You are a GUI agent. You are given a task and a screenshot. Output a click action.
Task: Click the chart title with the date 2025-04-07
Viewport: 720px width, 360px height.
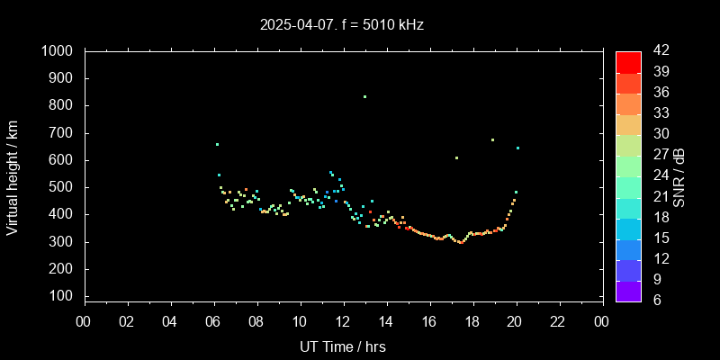(x=341, y=25)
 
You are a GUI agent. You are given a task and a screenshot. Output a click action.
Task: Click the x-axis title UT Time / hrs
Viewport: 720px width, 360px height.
(x=343, y=346)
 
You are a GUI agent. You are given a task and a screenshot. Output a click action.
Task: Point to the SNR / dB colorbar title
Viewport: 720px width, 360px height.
(x=679, y=175)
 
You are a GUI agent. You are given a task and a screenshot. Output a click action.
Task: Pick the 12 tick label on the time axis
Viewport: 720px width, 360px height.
(x=343, y=320)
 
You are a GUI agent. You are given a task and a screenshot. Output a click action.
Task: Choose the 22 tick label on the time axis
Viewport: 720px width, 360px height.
(x=559, y=320)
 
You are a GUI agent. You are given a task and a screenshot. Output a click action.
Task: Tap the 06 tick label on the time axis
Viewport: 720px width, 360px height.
(x=213, y=320)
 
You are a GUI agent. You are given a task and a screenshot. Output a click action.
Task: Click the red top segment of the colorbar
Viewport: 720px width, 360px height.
(x=628, y=61)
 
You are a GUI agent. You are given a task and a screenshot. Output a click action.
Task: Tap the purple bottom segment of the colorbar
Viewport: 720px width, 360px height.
(x=628, y=290)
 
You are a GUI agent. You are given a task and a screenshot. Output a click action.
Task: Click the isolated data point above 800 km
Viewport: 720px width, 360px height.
(x=364, y=96)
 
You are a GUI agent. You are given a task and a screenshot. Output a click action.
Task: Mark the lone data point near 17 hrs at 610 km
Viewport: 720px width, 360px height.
(x=456, y=157)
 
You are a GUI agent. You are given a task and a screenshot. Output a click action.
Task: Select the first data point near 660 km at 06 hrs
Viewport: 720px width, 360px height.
(x=217, y=144)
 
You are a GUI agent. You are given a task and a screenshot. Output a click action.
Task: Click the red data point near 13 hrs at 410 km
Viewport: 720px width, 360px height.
(x=370, y=211)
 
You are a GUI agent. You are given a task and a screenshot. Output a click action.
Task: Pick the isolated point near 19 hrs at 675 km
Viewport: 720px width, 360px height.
(x=492, y=139)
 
